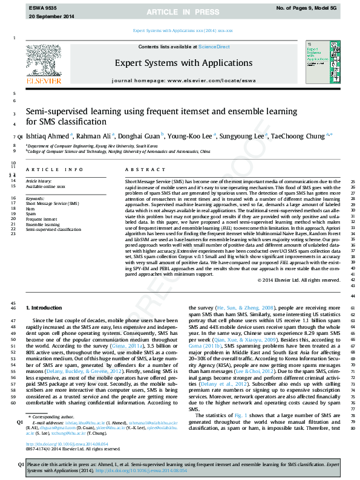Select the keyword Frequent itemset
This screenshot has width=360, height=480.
(x=42, y=219)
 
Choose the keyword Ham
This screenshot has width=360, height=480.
(x=30, y=209)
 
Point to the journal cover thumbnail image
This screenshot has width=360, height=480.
(x=321, y=57)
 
